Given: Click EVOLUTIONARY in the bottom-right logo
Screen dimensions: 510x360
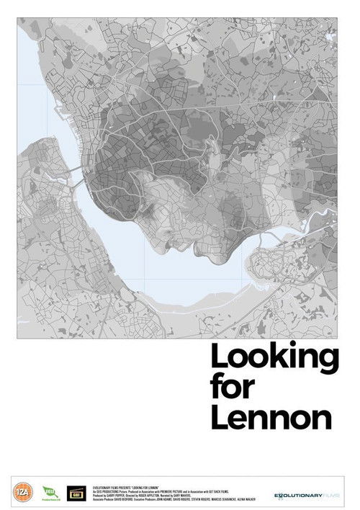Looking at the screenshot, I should (x=301, y=495).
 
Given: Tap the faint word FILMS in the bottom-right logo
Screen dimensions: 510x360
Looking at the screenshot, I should (x=332, y=495).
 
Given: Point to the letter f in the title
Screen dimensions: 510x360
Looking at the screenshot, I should (x=217, y=388).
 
